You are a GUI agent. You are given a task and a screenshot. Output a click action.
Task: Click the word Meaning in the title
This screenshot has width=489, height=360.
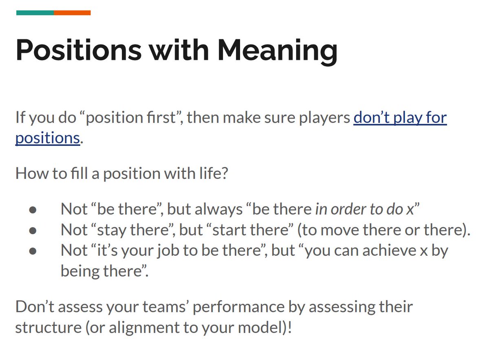(277, 50)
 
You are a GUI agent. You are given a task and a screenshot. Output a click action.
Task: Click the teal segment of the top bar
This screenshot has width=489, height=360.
(35, 13)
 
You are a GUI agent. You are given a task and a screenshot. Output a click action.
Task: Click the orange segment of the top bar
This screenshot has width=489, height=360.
(72, 13)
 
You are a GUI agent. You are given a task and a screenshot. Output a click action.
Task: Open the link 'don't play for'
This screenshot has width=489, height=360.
(400, 118)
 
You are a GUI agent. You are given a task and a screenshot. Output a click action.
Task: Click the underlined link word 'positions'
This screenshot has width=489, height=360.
(47, 138)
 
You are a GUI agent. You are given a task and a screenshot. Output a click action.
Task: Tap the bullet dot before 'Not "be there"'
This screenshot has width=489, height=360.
(33, 210)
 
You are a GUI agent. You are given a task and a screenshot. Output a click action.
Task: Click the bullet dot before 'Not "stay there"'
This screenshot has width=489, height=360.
(33, 230)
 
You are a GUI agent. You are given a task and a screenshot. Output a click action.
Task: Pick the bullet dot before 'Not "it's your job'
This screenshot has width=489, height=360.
(33, 251)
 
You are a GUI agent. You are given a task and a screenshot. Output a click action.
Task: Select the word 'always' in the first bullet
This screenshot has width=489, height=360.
(219, 209)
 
